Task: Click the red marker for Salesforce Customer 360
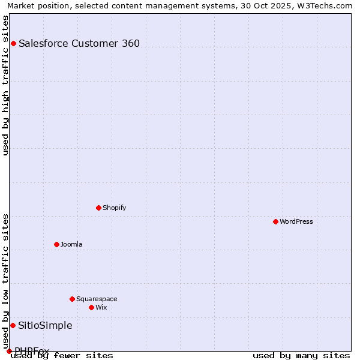point(13,43)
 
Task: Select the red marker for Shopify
point(98,208)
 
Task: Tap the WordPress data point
point(275,221)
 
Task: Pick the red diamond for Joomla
point(56,244)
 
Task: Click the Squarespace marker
point(72,299)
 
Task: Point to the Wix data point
point(91,307)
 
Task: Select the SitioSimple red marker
point(13,325)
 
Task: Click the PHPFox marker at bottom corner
point(9,351)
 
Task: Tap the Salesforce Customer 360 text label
point(79,43)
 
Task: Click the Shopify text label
point(114,208)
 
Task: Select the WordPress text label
point(296,221)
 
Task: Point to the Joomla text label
point(71,244)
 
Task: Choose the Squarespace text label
point(97,299)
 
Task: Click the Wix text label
point(101,307)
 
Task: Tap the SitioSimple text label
point(45,325)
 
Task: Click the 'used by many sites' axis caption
point(301,356)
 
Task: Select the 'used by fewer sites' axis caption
point(62,356)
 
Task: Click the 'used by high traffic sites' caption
point(5,85)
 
